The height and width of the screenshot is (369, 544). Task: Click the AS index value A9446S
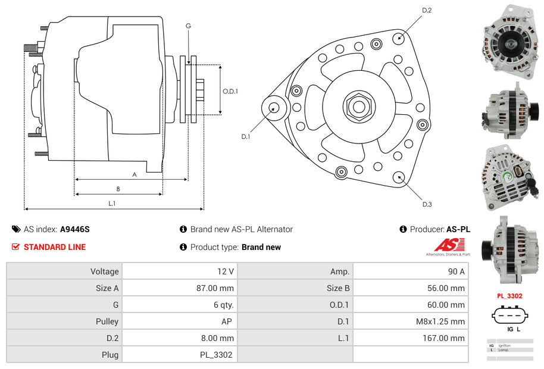74,229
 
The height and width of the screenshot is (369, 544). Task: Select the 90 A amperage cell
456,271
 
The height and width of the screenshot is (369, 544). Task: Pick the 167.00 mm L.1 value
449,338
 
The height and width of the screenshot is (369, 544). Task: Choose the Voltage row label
104,271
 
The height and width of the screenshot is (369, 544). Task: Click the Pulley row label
107,321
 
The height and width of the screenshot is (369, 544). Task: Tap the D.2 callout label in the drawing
426,10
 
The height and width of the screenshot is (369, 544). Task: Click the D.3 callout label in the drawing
427,204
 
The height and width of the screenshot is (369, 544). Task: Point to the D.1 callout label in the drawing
245,137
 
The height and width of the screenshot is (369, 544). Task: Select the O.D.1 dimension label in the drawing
230,91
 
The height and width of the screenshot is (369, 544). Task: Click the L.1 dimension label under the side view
111,204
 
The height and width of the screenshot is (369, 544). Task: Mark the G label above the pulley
188,26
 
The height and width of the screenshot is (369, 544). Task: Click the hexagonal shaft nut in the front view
358,107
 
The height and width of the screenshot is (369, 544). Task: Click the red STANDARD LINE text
54,247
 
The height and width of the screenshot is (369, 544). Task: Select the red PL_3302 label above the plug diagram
509,296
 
